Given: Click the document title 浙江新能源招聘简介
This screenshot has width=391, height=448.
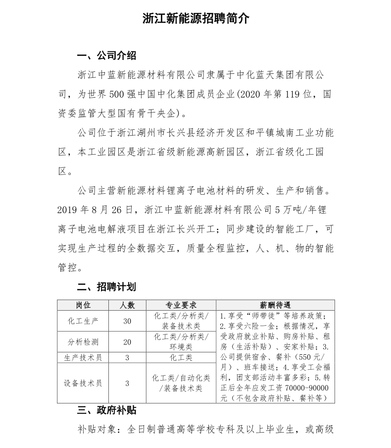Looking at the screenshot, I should click(x=195, y=19).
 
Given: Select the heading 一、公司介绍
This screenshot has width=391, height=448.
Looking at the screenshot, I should click(x=106, y=55).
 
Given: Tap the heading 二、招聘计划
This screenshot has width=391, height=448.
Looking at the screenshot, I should click(x=106, y=287).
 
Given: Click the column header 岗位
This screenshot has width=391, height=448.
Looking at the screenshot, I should click(x=83, y=305).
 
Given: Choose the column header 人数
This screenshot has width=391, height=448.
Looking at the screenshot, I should click(x=127, y=305).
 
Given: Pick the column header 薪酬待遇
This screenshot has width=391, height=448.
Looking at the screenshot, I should click(x=275, y=305).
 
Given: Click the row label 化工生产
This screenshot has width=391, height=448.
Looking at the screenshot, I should click(x=83, y=321).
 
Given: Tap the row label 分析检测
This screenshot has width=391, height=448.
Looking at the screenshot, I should click(x=83, y=342).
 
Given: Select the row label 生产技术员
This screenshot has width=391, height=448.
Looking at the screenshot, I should click(x=83, y=357).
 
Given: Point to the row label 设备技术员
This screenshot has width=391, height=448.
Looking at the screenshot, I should click(x=83, y=383).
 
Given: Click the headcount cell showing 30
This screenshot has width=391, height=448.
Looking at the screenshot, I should click(x=127, y=321).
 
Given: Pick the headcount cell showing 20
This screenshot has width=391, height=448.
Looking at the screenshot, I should click(x=127, y=342).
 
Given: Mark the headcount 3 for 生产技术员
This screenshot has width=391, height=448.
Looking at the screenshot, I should click(x=127, y=357).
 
